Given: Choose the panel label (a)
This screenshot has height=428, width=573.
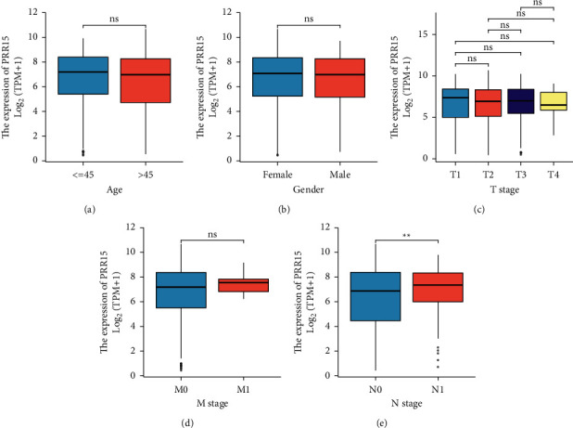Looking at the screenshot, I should coord(89,210).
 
